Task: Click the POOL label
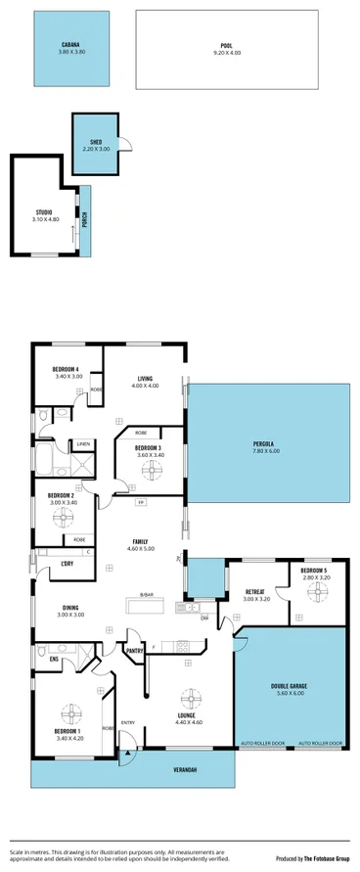click(x=226, y=44)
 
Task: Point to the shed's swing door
click(x=124, y=145)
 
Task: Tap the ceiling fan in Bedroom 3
click(x=151, y=471)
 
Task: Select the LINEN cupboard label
click(x=84, y=444)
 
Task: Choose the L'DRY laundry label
click(x=67, y=563)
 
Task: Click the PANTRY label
click(x=136, y=650)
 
